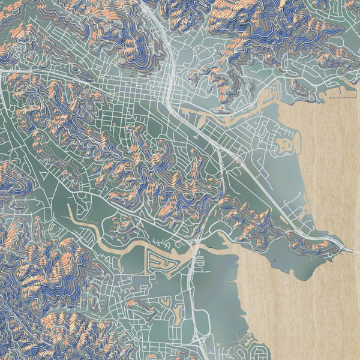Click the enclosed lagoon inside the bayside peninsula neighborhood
(282, 145)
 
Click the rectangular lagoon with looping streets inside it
(159, 262)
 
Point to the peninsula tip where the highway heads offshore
(348, 247)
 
